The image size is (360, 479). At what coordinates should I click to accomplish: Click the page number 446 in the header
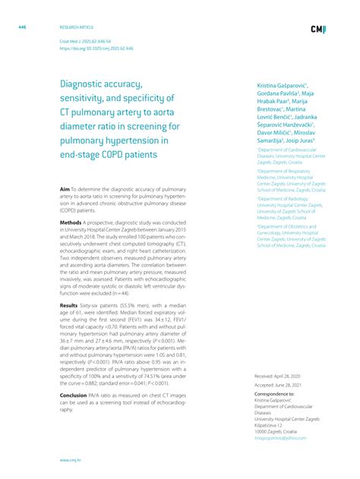click(23, 27)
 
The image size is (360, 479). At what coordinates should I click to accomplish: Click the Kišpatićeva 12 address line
click(272, 425)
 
